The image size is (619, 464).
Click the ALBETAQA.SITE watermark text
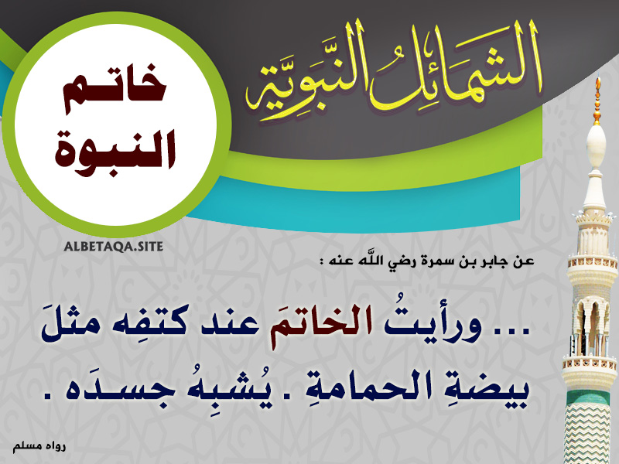pyautogui.click(x=113, y=247)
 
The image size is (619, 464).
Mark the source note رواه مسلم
pyautogui.click(x=39, y=447)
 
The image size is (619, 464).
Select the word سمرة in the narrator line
pyautogui.click(x=441, y=261)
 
